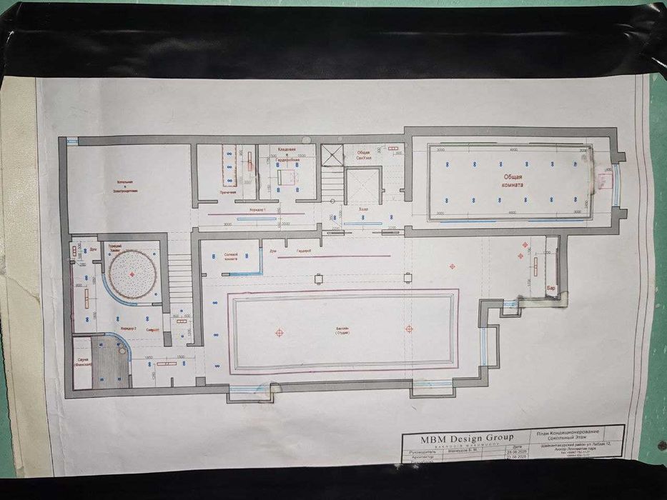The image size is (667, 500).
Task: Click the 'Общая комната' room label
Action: click(511, 179)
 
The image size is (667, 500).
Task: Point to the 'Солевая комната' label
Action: click(232, 256)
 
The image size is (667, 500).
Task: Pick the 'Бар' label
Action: click(550, 287)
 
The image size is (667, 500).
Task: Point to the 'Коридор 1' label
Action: click(257, 210)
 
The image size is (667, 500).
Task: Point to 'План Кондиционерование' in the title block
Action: click(568, 432)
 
